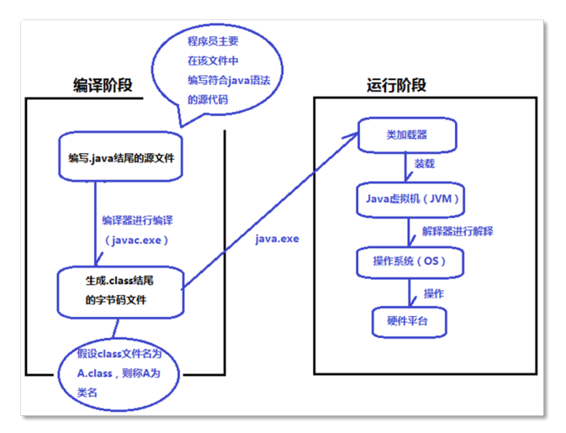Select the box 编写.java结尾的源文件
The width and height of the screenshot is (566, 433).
(x=121, y=157)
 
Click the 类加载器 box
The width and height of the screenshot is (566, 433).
(x=408, y=135)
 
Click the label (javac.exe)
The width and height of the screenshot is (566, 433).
(x=137, y=240)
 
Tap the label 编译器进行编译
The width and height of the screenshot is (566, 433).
(x=137, y=219)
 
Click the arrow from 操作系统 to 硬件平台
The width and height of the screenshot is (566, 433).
(x=410, y=292)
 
